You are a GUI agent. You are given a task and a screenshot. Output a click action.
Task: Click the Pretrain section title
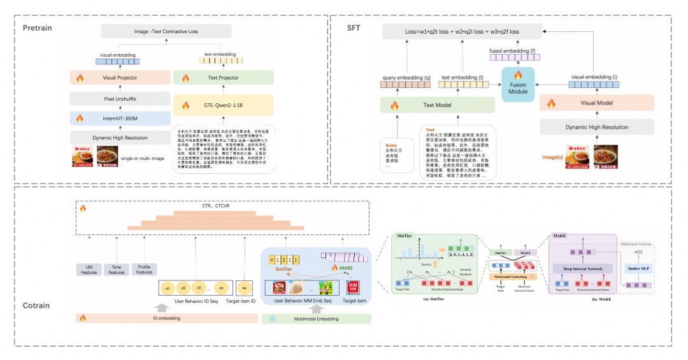pos(38,28)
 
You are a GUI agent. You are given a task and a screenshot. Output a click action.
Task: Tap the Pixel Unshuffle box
pos(112,99)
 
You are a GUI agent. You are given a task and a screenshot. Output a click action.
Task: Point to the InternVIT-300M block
pos(112,118)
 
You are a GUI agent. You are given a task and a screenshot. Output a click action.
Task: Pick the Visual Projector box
pos(112,78)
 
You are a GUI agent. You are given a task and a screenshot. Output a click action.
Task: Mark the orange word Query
pos(392,145)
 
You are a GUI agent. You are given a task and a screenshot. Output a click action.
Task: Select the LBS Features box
pos(89,269)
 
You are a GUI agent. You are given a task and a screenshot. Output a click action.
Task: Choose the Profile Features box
pos(144,269)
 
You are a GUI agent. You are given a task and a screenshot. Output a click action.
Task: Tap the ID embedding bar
pos(164,317)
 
